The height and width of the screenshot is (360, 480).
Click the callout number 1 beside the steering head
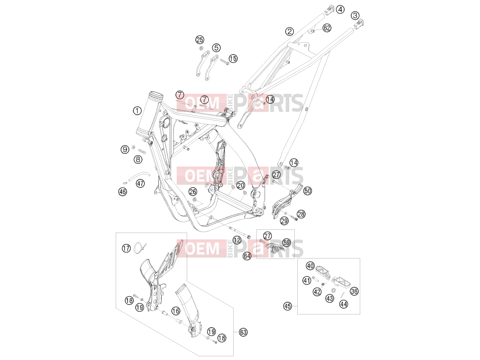(x=137, y=111)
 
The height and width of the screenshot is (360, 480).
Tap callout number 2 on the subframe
(x=289, y=31)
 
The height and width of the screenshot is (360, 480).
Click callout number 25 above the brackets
(x=199, y=40)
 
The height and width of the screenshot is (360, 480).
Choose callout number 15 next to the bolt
(x=233, y=58)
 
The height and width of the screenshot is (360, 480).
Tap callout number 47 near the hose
(x=140, y=183)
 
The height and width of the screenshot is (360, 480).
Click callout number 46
(x=123, y=192)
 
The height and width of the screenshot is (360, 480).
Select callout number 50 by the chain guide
(x=307, y=191)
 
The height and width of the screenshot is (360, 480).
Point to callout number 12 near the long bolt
(x=237, y=240)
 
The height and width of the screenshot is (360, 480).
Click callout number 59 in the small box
(x=286, y=243)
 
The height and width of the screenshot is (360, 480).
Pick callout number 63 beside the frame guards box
(x=243, y=332)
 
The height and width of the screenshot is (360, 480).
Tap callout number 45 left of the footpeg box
(x=287, y=306)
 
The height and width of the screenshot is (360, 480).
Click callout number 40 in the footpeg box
(x=311, y=265)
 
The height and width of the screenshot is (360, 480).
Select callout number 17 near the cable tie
(x=126, y=248)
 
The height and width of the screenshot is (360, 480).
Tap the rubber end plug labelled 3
(x=358, y=24)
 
